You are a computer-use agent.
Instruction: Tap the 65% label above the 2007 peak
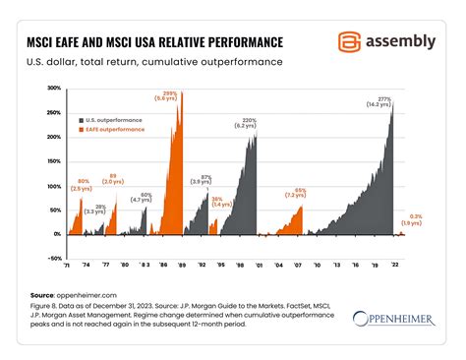(x=299, y=191)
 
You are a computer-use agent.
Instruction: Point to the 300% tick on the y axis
(x=53, y=88)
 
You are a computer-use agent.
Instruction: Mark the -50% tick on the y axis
(x=53, y=259)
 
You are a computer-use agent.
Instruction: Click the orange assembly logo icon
(x=349, y=41)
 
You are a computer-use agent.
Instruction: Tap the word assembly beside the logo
(x=400, y=41)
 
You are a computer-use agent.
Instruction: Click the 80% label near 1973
(x=84, y=184)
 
